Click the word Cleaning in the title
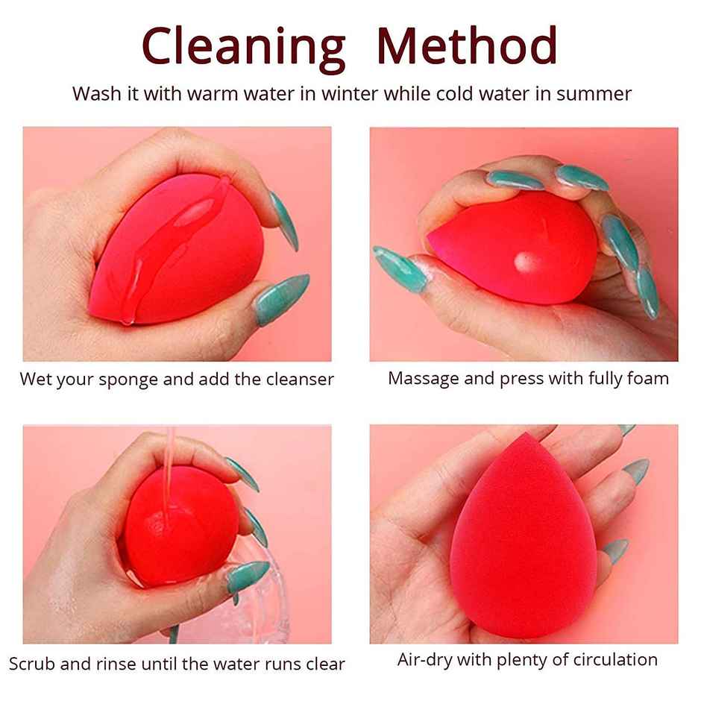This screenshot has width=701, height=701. click(243, 46)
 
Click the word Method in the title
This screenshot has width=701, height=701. click(467, 46)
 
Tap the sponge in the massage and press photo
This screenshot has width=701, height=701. click(515, 250)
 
